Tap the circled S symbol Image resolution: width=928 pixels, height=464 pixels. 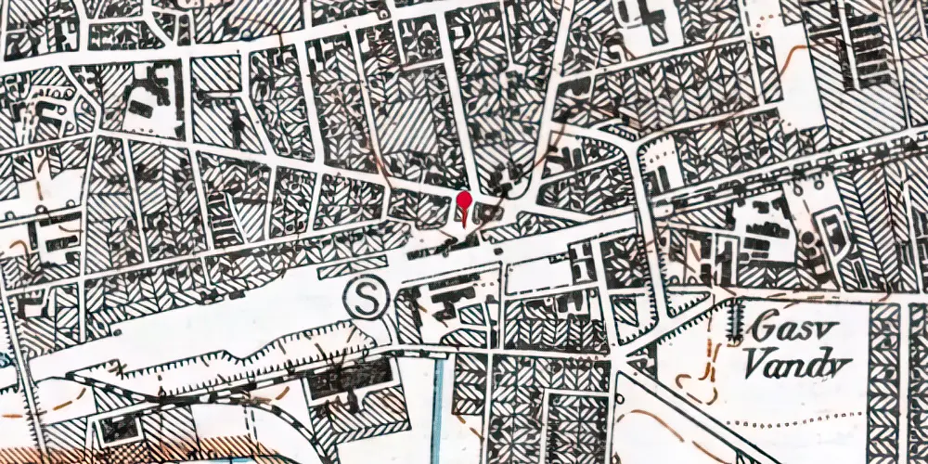click(x=364, y=300)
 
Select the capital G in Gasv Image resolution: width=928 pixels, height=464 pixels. click(x=766, y=326)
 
